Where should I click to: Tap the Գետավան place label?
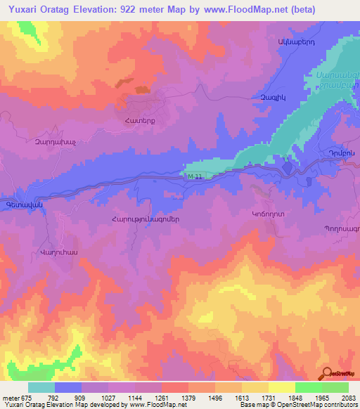click(x=15, y=204)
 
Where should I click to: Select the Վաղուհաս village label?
click(x=58, y=252)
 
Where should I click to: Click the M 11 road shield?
click(x=195, y=176)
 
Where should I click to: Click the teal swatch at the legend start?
click(x=41, y=387)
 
